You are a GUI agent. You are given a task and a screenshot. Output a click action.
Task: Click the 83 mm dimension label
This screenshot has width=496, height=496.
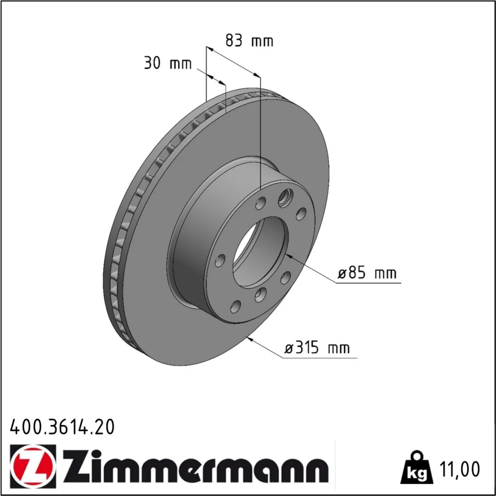249,41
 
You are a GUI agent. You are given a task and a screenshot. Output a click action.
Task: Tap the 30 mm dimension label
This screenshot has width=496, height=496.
168,63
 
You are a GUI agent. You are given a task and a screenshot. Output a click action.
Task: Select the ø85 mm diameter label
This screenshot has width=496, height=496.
367,273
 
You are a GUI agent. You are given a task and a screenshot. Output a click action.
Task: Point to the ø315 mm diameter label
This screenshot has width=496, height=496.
317,348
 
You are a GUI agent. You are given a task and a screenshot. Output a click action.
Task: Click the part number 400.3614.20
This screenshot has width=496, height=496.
62,427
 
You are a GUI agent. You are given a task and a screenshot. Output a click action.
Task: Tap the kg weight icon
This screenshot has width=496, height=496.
417,468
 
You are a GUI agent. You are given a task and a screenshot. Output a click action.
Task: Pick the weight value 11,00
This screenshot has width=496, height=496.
459,469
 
